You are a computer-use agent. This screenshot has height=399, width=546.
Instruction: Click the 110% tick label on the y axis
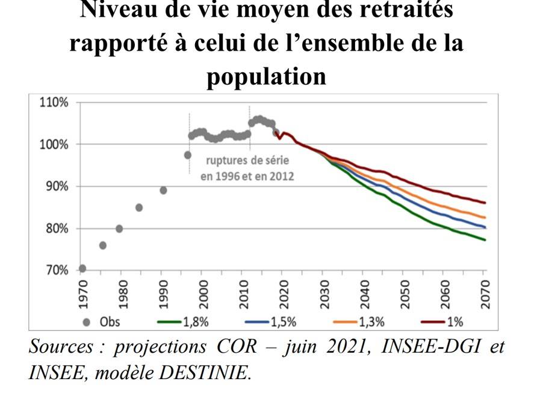[x=53, y=102]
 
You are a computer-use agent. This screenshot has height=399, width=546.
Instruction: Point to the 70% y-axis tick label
[x=55, y=270]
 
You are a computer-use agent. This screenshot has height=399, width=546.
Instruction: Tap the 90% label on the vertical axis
[x=55, y=187]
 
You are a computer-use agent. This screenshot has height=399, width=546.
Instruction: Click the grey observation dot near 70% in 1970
[x=82, y=268]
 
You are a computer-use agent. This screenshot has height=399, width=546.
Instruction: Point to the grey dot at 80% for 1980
[x=119, y=229]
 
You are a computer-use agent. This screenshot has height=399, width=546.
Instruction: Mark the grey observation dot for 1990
[x=163, y=190]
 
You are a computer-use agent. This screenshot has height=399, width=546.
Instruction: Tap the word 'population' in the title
[x=266, y=77]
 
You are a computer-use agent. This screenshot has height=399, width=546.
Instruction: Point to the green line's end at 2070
[x=485, y=240]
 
